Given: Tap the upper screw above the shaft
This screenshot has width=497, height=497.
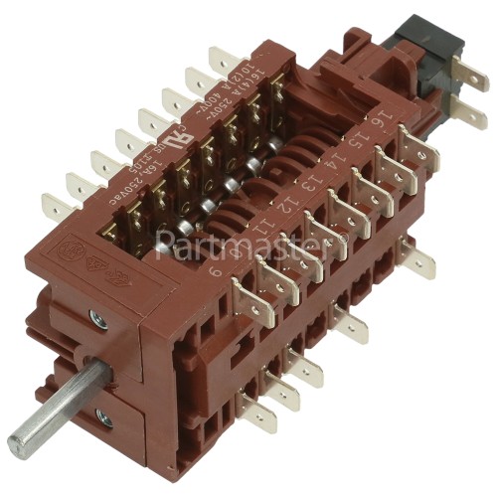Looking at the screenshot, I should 96,319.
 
